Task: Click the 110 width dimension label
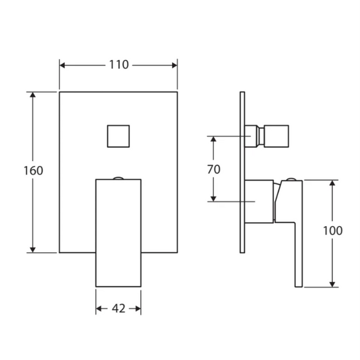118,65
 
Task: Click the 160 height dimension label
33,171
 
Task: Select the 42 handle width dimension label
118,309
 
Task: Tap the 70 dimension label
214,169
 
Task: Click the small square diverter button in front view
118,136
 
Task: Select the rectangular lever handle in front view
118,232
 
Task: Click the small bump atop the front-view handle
118,178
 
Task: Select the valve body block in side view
259,201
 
